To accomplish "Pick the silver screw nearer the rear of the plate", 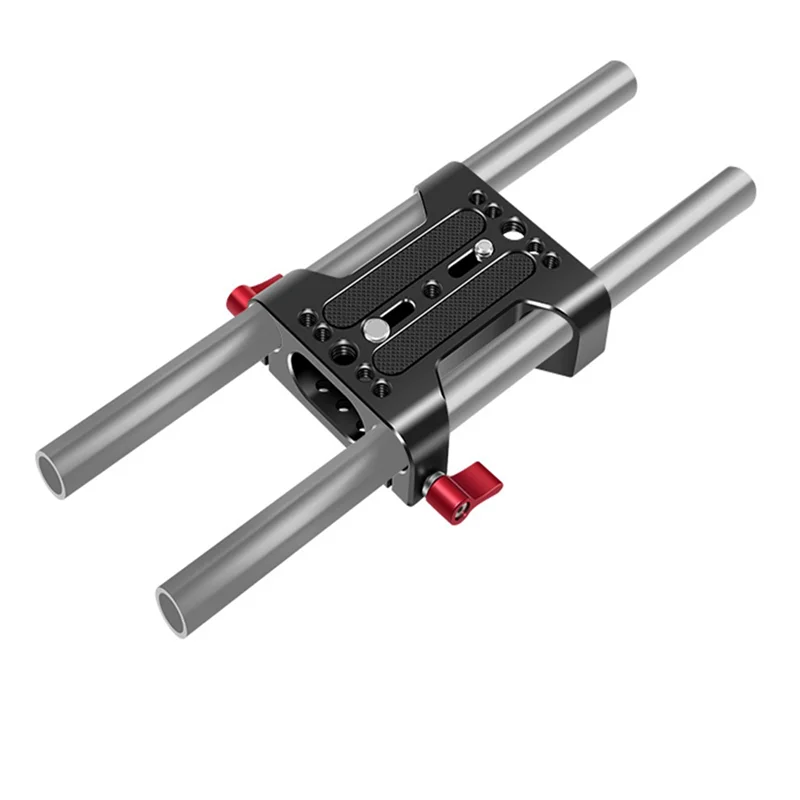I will tap(484, 247).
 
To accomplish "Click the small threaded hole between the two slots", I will tap(432, 288).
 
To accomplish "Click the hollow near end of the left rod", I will tap(58, 467).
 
